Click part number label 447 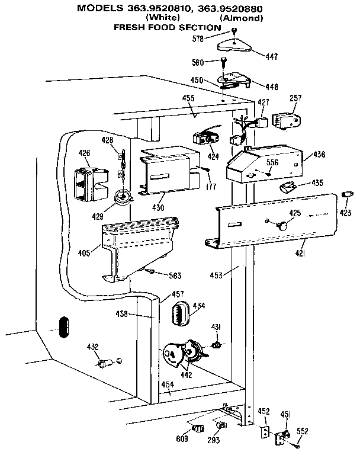[271, 57]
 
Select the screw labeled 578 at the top [234, 30]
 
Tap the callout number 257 [296, 98]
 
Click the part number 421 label [301, 253]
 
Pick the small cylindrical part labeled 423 [346, 195]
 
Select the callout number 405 [84, 253]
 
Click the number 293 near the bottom [213, 440]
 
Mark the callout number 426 [84, 153]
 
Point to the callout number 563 [174, 275]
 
